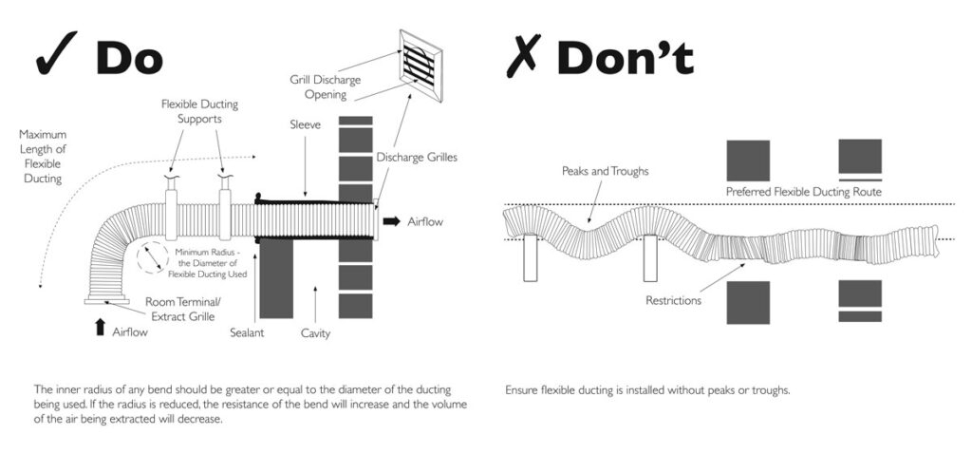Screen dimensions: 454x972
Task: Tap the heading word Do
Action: (x=129, y=57)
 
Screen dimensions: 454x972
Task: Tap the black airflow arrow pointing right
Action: (x=391, y=221)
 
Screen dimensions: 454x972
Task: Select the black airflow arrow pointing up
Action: (x=100, y=329)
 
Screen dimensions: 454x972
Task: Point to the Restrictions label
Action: (x=673, y=301)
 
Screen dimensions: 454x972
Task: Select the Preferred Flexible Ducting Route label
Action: (x=804, y=191)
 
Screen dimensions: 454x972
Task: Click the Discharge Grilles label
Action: (x=417, y=157)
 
